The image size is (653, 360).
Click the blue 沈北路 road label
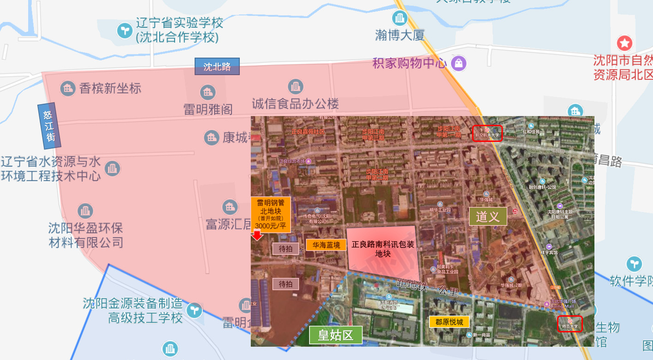[x=217, y=66]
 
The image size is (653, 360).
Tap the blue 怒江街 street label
[x=49, y=126]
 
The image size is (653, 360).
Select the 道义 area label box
[x=488, y=216]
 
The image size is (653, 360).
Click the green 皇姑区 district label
[x=335, y=335]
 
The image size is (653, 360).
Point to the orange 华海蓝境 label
[x=326, y=245]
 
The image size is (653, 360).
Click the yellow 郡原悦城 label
[x=449, y=322]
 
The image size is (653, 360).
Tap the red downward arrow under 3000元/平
[x=257, y=235]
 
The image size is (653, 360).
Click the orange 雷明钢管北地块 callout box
[x=271, y=214]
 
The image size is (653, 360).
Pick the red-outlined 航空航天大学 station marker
[x=487, y=133]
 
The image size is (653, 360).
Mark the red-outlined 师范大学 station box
[x=570, y=323]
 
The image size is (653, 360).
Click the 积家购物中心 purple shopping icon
[x=458, y=63]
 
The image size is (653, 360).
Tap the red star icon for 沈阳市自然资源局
[x=625, y=44]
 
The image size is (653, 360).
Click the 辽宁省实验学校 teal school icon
[x=124, y=30]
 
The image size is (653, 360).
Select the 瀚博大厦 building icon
[x=399, y=18]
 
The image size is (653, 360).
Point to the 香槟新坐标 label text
[x=110, y=88]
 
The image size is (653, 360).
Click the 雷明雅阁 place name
[x=208, y=109]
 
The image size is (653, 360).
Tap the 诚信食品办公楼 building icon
[x=296, y=86]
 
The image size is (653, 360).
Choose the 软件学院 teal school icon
[x=634, y=264]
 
